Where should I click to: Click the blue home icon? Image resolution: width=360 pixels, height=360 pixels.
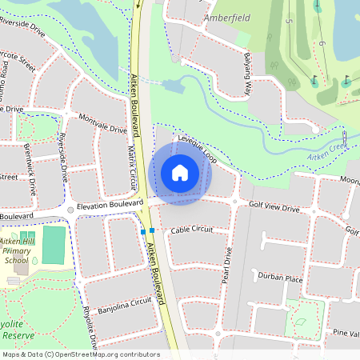click(180, 173)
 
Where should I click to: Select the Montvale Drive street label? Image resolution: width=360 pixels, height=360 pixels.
click(103, 123)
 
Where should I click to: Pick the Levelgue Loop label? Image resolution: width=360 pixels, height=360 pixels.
click(198, 146)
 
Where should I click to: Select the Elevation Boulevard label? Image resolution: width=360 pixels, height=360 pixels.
click(103, 206)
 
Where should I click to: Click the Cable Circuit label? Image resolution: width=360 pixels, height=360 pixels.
click(192, 230)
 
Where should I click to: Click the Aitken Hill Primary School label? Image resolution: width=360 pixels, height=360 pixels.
click(16, 250)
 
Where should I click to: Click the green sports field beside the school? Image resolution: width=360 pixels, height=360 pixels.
click(54, 245)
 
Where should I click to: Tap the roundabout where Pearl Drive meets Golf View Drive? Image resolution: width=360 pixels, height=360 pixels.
click(234, 202)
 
